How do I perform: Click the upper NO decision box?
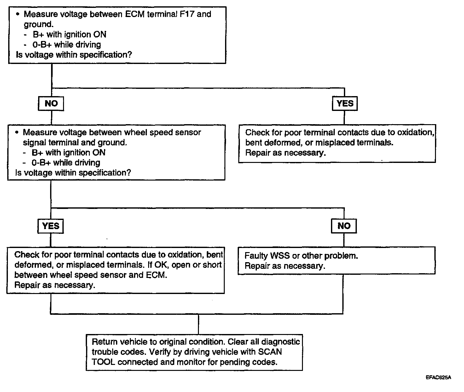click(51, 104)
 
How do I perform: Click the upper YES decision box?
click(345, 103)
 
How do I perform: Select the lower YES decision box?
click(51, 226)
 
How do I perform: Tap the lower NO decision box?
click(344, 226)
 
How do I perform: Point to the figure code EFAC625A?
click(438, 377)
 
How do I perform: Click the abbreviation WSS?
click(280, 256)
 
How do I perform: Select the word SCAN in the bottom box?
click(270, 352)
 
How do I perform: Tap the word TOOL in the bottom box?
click(103, 362)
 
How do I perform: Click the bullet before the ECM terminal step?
click(18, 14)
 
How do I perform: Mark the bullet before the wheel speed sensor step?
click(17, 132)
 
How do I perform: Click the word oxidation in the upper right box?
click(415, 132)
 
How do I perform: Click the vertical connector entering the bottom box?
click(199, 324)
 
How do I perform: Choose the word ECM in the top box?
click(135, 14)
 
